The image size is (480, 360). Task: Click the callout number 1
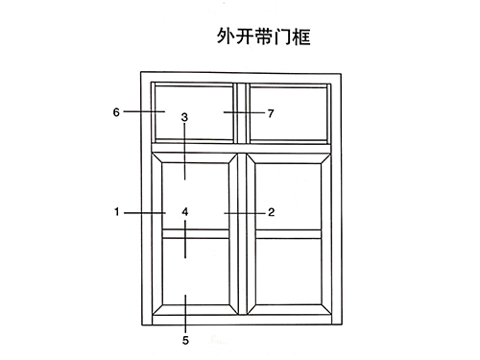click(x=116, y=211)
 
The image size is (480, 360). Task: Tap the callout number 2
click(x=272, y=211)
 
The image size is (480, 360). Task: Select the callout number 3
click(x=184, y=117)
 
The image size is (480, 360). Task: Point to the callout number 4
click(x=184, y=211)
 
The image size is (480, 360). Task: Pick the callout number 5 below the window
click(x=184, y=339)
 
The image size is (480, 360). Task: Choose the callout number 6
click(x=116, y=112)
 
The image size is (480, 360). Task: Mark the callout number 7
click(x=272, y=112)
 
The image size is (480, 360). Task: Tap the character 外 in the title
click(x=227, y=38)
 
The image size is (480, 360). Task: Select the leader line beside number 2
click(x=244, y=211)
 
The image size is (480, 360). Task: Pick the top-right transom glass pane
click(x=288, y=112)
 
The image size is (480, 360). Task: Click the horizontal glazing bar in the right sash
click(x=287, y=232)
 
